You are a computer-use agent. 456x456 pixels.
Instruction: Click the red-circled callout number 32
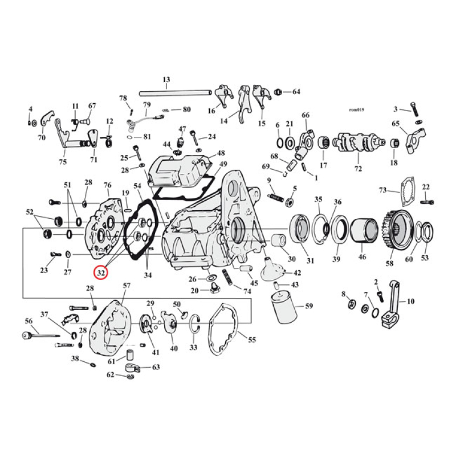[101, 273]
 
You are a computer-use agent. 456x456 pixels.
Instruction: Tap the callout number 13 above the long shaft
[166, 79]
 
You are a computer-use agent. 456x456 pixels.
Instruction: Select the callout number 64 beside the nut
[296, 91]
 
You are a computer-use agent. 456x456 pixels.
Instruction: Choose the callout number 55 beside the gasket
[251, 340]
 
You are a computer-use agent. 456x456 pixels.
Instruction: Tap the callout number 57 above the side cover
[126, 285]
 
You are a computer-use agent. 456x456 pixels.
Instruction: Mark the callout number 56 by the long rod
[28, 321]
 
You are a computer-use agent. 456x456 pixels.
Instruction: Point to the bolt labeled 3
[416, 109]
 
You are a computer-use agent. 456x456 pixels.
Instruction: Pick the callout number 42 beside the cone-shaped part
[297, 273]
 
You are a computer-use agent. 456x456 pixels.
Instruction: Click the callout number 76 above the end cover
[107, 185]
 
